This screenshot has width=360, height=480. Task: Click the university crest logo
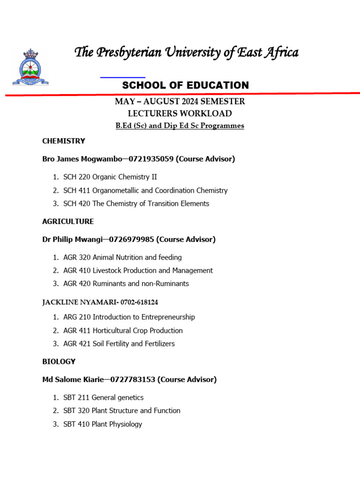(x=30, y=67)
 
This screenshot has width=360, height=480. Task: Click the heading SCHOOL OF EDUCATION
(x=185, y=85)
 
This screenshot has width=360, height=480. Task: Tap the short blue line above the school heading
(x=123, y=77)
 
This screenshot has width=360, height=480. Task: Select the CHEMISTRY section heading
(x=64, y=141)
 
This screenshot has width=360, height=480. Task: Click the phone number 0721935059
(x=150, y=159)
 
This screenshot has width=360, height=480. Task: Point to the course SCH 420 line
(x=136, y=203)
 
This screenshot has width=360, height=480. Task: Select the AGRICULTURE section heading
(x=68, y=221)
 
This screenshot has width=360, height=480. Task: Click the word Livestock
(x=109, y=270)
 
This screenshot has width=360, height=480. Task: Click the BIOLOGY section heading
(x=59, y=361)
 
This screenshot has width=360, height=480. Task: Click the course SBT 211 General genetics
(x=103, y=397)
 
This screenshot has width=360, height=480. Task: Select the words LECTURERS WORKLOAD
(x=180, y=113)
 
